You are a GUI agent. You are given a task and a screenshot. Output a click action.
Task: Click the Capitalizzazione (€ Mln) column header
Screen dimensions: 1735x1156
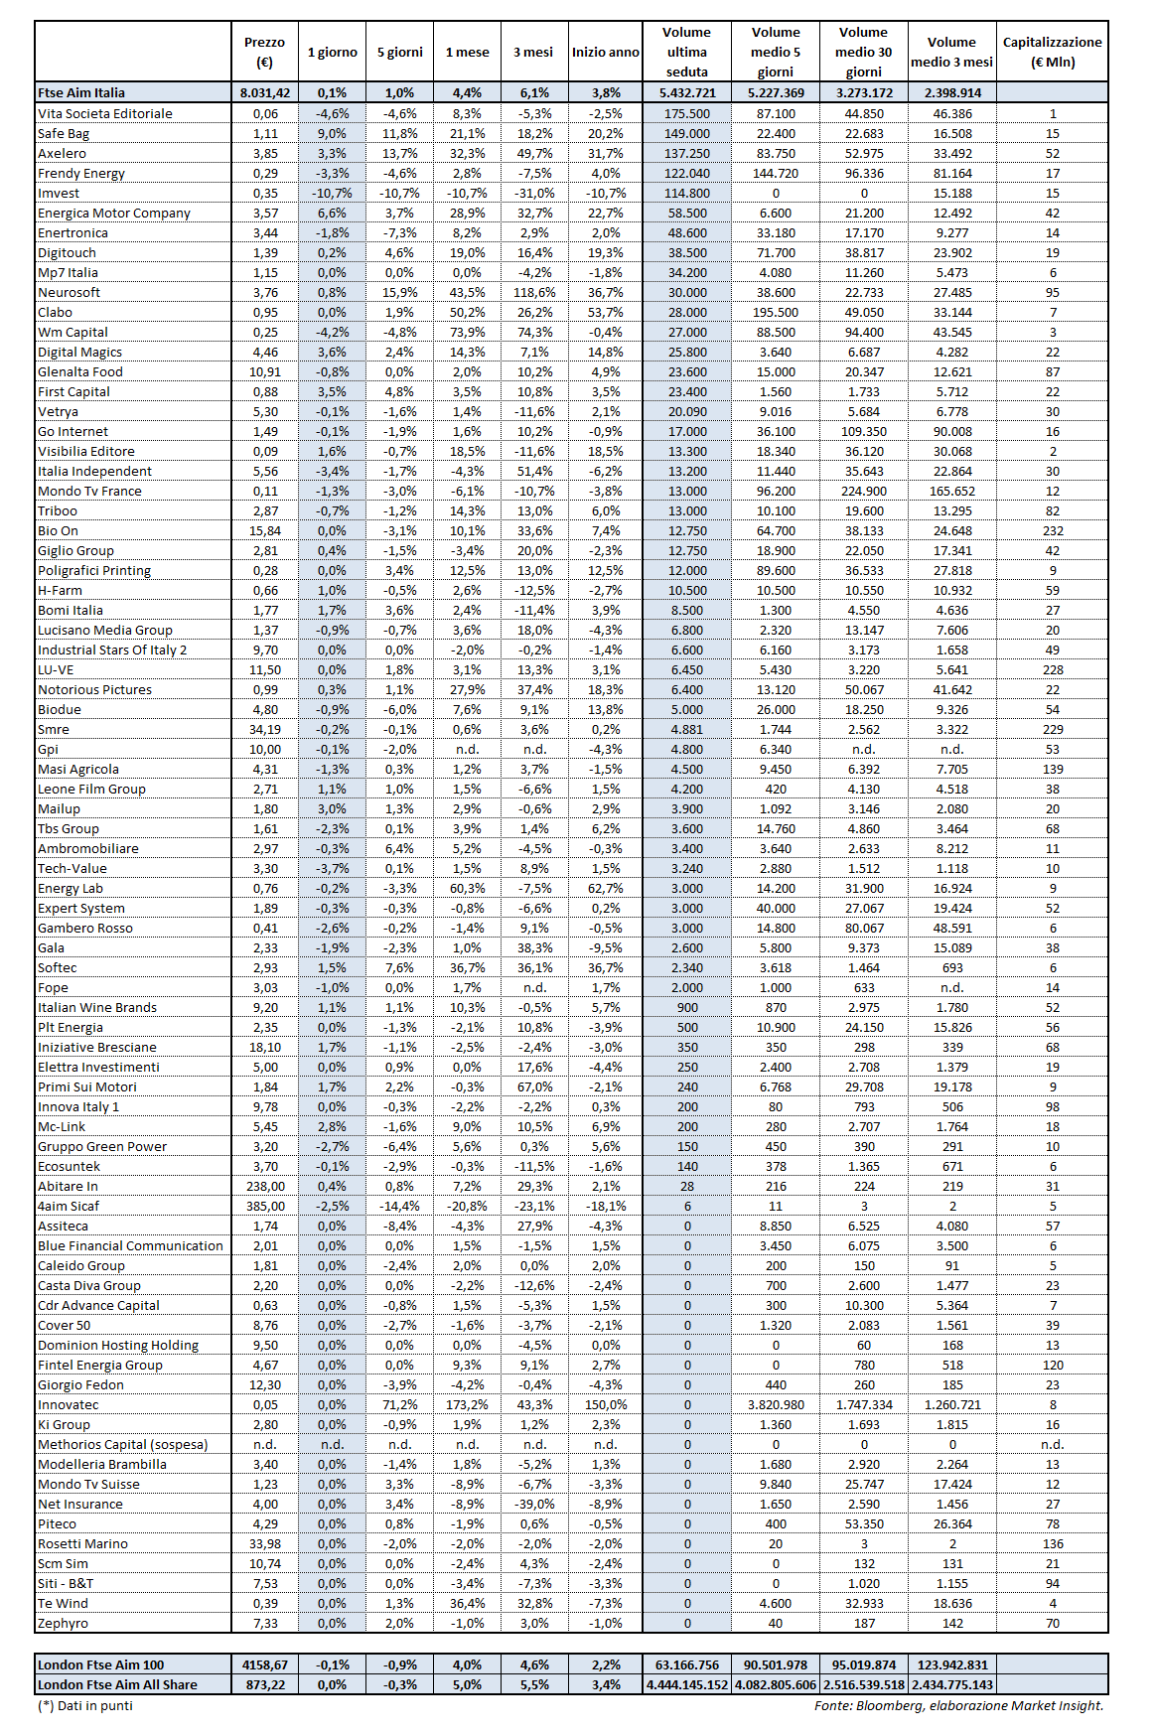pos(1052,52)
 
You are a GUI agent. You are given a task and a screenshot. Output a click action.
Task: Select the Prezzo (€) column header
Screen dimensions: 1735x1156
pos(264,52)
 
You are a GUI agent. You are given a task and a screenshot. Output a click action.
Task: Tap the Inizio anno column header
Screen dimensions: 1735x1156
pos(605,52)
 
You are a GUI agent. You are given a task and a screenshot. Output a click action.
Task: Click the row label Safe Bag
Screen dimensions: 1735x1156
pos(64,133)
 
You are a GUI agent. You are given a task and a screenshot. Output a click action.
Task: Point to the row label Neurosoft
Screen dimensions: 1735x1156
pos(69,292)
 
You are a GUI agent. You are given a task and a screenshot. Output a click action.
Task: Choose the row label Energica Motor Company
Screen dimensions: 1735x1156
pos(113,213)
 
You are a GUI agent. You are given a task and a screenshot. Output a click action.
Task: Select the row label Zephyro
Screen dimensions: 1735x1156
pos(63,1623)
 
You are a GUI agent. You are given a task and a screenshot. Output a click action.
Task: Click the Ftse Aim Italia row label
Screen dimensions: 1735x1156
pos(81,92)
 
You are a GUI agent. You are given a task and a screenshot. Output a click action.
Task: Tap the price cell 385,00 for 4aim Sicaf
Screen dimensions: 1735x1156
pos(265,1206)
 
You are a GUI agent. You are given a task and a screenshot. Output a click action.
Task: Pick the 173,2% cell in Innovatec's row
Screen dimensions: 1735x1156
pos(467,1404)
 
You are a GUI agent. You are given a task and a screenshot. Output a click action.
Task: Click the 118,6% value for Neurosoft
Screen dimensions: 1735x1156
pos(534,292)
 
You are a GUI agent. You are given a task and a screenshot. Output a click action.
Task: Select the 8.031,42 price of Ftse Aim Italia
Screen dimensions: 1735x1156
pos(265,92)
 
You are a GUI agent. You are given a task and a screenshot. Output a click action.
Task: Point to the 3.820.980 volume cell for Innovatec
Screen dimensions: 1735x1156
pos(776,1404)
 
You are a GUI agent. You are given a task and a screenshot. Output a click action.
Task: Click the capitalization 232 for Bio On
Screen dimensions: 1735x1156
pos(1053,530)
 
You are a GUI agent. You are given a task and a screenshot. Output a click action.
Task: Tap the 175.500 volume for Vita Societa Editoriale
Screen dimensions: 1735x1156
pos(687,113)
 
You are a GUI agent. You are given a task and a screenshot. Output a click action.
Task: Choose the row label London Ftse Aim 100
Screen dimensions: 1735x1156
pos(100,1664)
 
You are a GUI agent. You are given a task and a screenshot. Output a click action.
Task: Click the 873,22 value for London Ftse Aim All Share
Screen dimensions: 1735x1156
pos(265,1684)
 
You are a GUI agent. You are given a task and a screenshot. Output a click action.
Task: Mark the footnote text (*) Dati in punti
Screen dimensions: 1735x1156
pos(85,1705)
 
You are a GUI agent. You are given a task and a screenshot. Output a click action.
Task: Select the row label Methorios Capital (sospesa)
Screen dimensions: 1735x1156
pos(122,1444)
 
